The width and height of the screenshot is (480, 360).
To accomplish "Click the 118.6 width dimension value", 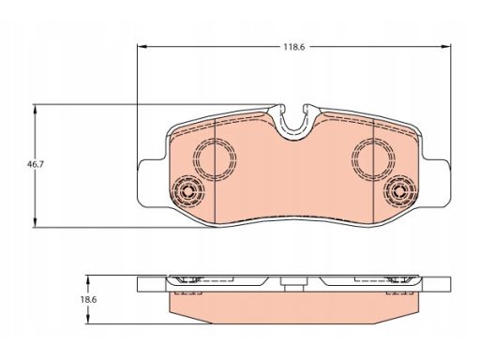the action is coord(293,47).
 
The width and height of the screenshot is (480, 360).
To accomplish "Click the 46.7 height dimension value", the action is coord(35,164).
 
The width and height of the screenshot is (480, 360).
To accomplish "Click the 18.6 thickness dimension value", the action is coord(88,299).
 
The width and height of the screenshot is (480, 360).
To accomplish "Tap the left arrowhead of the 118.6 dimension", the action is coord(142,47).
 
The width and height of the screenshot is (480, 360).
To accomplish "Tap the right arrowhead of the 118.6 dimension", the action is coord(446,47).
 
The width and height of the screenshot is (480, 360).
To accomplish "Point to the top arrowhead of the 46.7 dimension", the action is coord(35,110).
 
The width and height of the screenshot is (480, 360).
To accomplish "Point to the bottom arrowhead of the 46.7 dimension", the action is coord(35,223).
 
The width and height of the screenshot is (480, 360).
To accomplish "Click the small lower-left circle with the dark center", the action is coord(188,190).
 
